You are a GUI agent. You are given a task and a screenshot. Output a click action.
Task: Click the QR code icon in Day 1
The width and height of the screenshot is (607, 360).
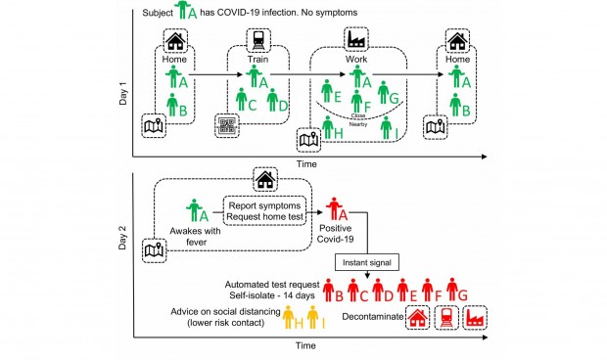[226, 126]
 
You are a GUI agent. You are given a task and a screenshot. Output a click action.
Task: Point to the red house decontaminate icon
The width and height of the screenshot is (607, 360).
[418, 318]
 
